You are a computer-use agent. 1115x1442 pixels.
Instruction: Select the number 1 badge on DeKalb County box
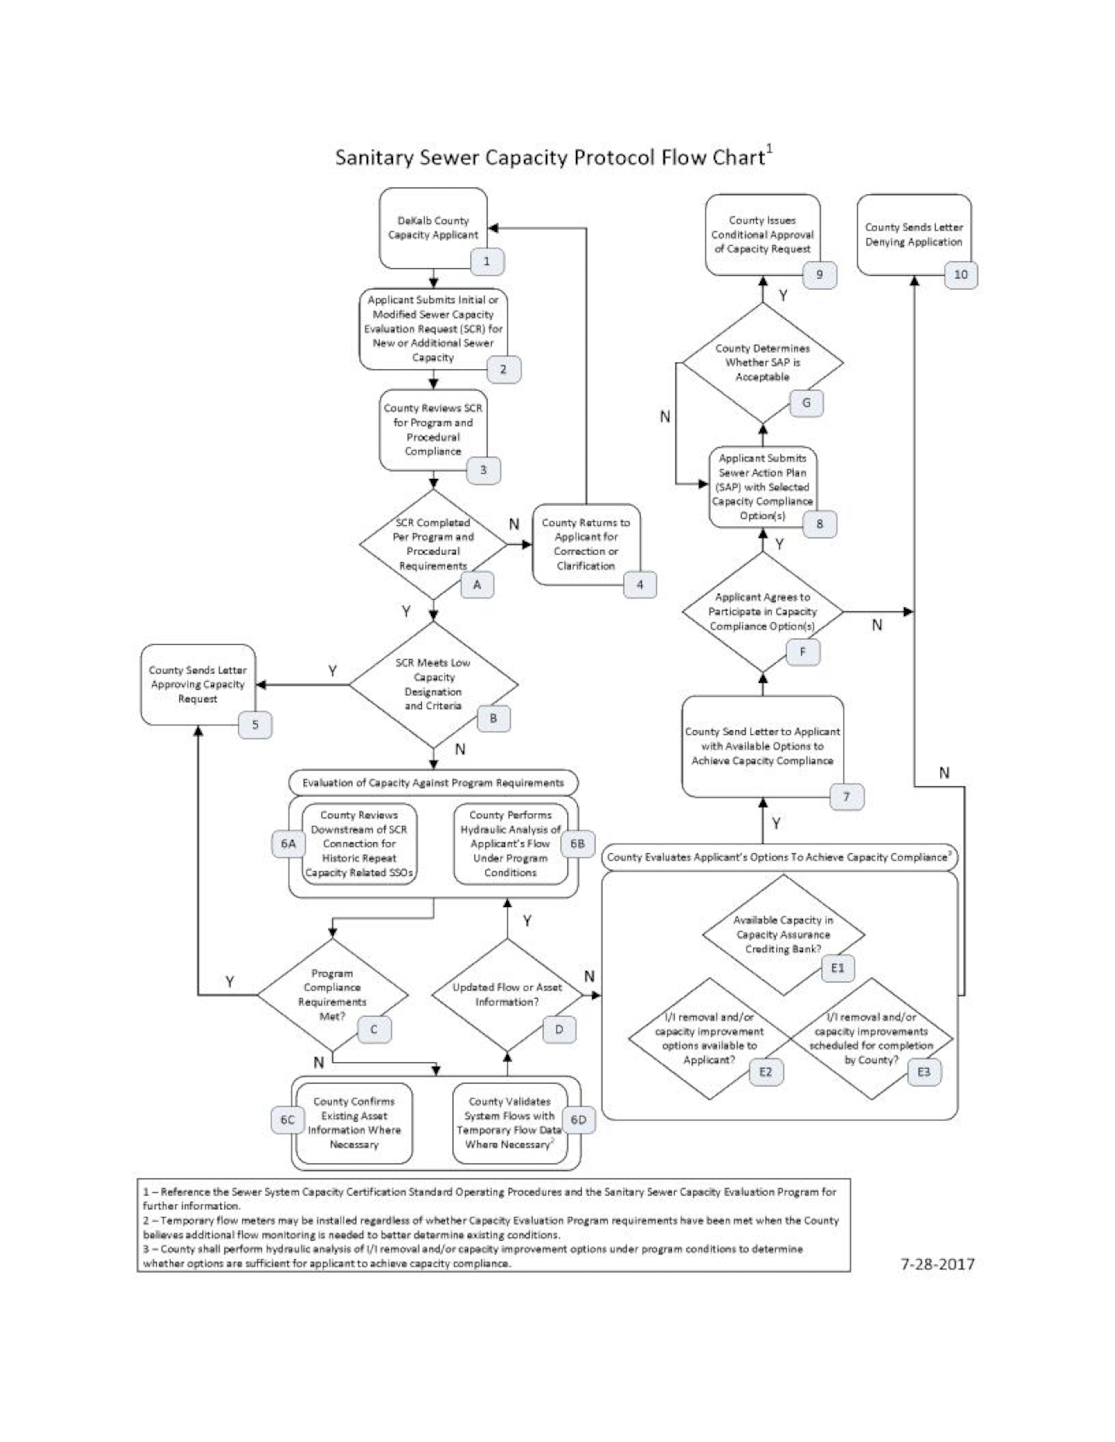coord(487,261)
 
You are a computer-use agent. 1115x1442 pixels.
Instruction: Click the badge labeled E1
coord(838,968)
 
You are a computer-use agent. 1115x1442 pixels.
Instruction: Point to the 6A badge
coord(288,844)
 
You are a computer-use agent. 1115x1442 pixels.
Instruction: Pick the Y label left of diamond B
coord(332,671)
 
